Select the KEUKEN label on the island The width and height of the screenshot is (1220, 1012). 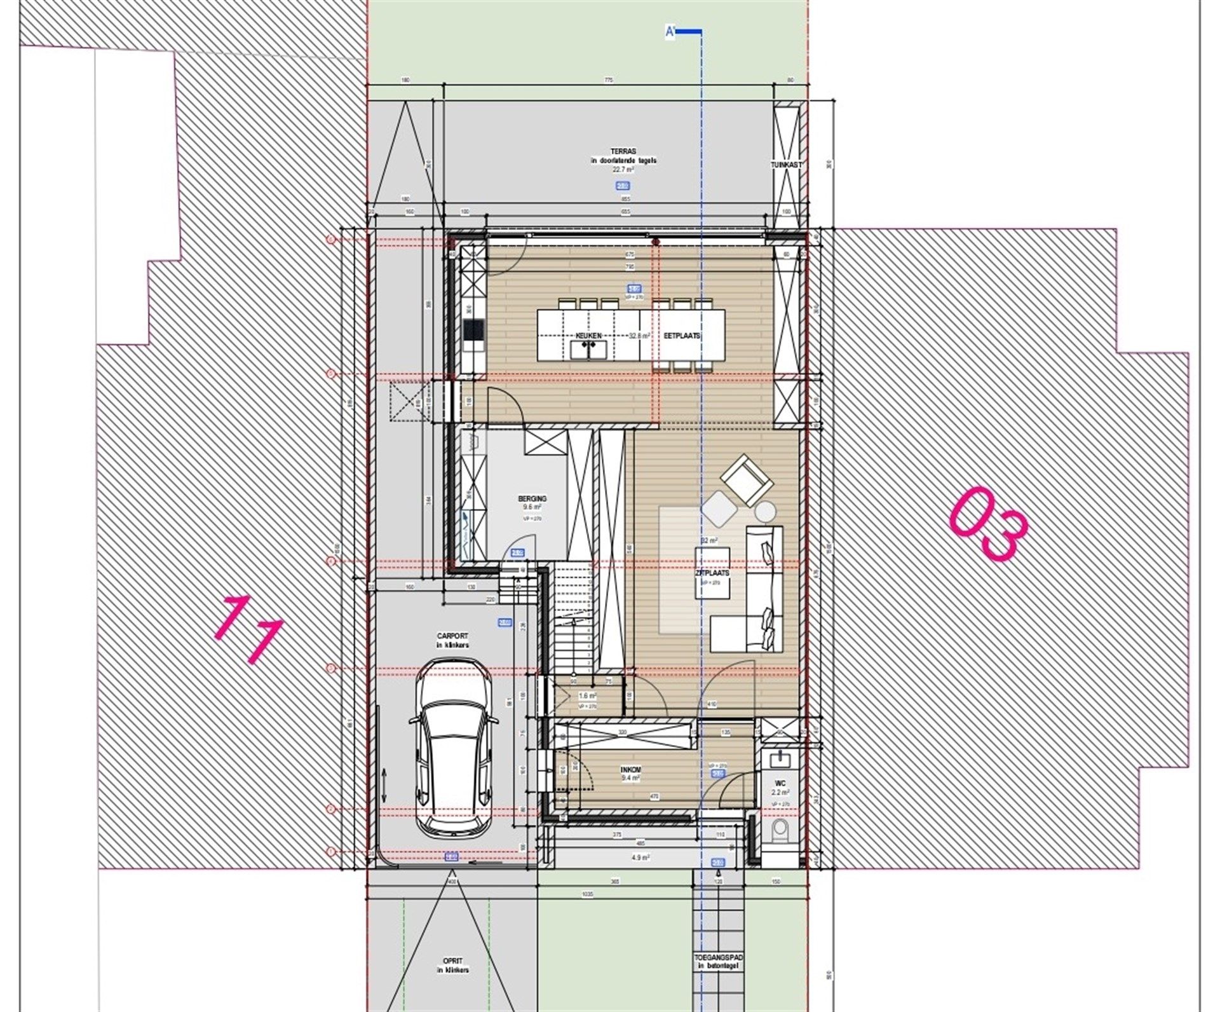588,335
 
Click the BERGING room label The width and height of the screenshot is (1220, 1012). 532,499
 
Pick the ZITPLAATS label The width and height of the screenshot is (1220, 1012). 712,573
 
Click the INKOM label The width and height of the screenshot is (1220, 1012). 630,770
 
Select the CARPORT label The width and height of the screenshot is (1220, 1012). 452,636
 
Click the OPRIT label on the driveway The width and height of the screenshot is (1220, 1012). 452,979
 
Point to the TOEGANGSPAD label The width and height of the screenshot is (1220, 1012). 718,974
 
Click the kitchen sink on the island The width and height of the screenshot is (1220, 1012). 588,350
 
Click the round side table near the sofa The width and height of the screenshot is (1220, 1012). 765,511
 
